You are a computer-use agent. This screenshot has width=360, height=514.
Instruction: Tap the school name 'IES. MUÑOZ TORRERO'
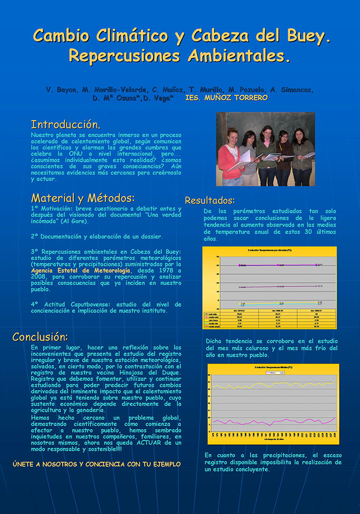(x=226, y=98)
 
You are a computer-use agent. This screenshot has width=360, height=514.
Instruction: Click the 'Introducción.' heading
(x=65, y=125)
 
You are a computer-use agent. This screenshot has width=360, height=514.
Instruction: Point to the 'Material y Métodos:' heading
(x=82, y=198)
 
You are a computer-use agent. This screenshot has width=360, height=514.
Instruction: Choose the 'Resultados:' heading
(x=210, y=201)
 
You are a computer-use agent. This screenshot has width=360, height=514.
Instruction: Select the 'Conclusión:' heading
(x=40, y=337)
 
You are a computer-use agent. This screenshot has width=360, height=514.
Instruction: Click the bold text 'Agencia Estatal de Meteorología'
(x=80, y=270)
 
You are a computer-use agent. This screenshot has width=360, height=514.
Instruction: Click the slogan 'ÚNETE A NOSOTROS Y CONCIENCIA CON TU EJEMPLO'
(x=96, y=464)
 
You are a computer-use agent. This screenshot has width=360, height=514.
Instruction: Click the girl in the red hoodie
(x=230, y=155)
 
